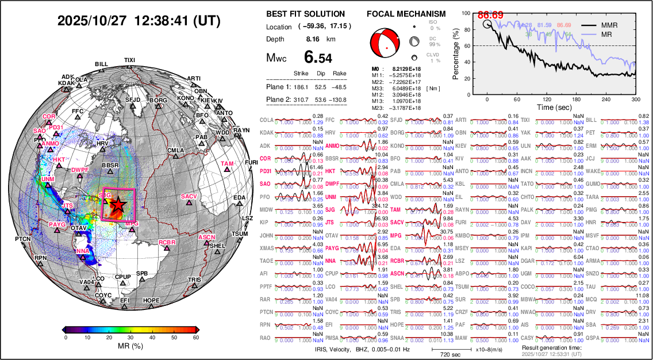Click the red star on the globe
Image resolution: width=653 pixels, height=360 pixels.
coord(118,204)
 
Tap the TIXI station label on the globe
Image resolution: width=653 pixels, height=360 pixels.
coord(129,60)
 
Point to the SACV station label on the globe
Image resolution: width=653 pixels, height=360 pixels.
coord(189,197)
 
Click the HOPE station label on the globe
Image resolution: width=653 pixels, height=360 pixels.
coord(151,300)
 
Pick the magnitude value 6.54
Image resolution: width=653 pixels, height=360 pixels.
coord(318,58)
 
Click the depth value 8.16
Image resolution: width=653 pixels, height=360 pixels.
coord(313,39)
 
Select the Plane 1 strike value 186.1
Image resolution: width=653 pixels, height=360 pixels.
coord(301,87)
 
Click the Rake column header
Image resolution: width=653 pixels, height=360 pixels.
coord(340,74)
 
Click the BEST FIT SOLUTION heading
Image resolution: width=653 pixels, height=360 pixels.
coord(305,14)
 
